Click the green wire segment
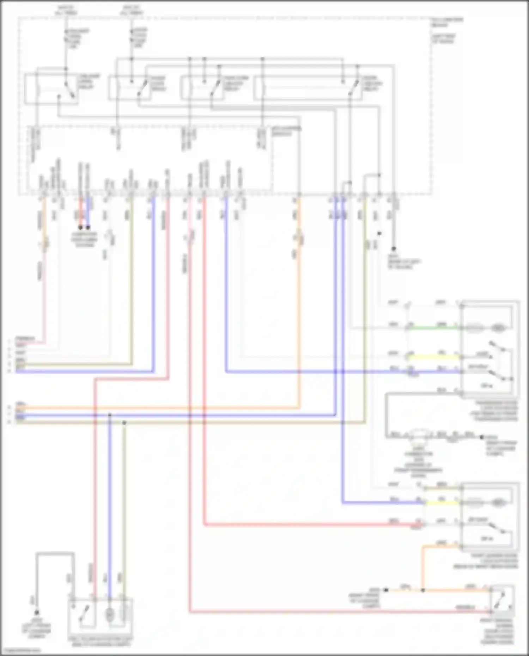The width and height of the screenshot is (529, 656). point(434,328)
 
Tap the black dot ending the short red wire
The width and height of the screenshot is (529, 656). point(80,227)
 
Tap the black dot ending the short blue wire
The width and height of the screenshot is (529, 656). point(88,227)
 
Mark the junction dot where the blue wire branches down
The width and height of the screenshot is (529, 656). point(110,415)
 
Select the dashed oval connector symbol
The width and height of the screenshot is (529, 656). point(420,434)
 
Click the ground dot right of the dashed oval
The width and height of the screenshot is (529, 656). point(482,437)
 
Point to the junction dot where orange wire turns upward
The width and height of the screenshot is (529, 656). point(423,590)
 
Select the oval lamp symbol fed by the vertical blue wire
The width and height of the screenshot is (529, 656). point(110,615)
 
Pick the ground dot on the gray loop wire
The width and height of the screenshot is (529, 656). point(36,613)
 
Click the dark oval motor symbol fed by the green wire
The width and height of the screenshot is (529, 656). point(498,328)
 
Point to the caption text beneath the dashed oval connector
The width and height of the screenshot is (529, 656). point(418,462)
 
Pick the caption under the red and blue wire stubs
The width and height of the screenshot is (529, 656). point(84,240)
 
